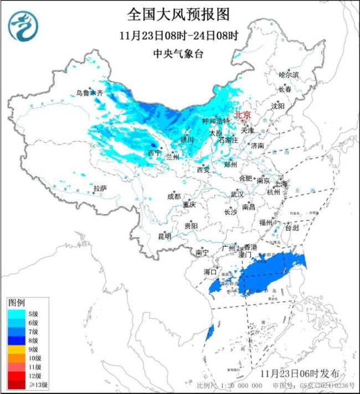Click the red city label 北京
tap(243, 115)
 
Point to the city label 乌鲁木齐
tap(90, 93)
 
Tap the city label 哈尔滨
tap(289, 74)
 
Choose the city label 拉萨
tap(100, 189)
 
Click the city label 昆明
tap(164, 236)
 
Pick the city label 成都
tap(173, 196)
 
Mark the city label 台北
tap(291, 227)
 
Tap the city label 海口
tap(209, 272)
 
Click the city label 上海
tap(280, 184)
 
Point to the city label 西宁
tap(155, 153)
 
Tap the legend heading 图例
tap(16, 303)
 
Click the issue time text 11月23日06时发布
tap(311, 371)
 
